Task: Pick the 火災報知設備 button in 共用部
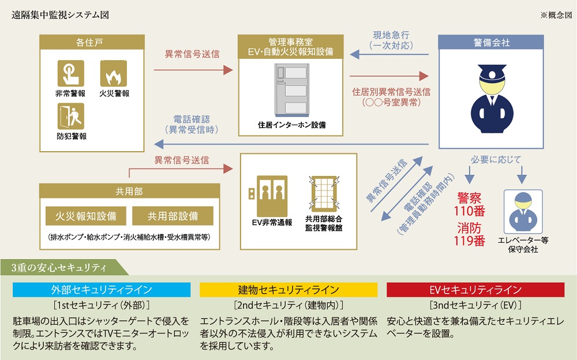click(86, 216)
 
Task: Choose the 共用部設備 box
click(173, 216)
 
